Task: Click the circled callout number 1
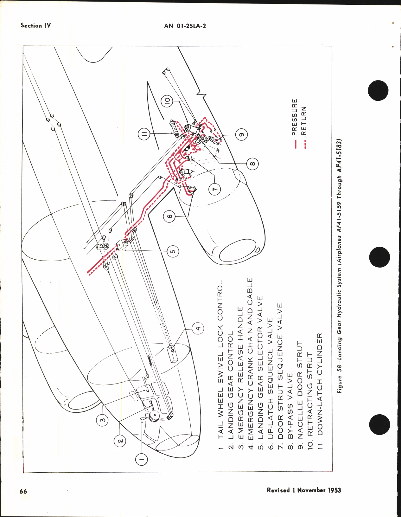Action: click(142, 458)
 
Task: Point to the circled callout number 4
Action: click(198, 328)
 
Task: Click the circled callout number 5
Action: click(173, 252)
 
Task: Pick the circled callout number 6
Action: click(170, 216)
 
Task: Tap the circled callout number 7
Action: click(215, 189)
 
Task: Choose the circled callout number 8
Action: click(252, 164)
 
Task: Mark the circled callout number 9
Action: click(241, 135)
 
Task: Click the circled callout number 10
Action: click(167, 101)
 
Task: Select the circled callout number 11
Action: click(144, 134)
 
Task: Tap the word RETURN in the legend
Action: click(304, 121)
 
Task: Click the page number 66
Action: click(23, 491)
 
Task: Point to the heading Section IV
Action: click(35, 26)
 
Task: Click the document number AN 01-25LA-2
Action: click(185, 26)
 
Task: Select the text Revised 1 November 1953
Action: click(303, 490)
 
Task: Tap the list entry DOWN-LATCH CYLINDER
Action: click(319, 384)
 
